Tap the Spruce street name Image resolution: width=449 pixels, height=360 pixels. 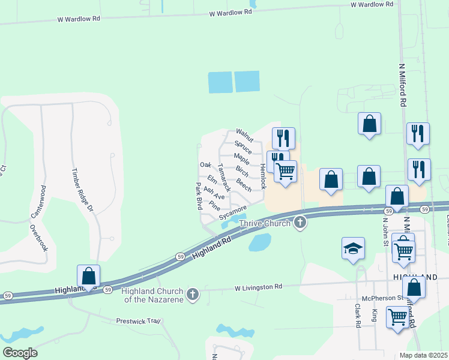point(243,147)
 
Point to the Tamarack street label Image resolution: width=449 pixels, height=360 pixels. point(224,178)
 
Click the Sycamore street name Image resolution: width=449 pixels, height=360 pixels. point(232,212)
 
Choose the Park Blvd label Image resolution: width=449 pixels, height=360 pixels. point(199,196)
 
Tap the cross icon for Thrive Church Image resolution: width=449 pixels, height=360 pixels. point(300,223)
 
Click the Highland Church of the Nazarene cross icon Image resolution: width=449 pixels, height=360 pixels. point(192,294)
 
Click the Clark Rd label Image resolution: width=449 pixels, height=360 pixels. point(358,315)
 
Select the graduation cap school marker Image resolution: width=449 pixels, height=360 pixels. point(353,248)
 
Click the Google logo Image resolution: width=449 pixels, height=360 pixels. point(20,352)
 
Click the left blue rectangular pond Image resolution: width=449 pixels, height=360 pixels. point(220,82)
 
